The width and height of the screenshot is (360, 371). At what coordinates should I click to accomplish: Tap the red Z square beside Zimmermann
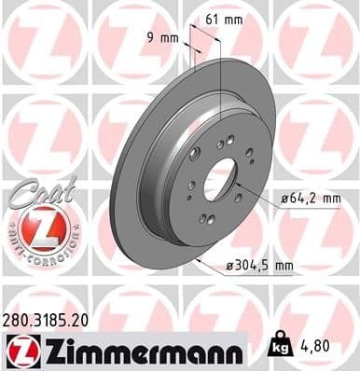click(x=19, y=350)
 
